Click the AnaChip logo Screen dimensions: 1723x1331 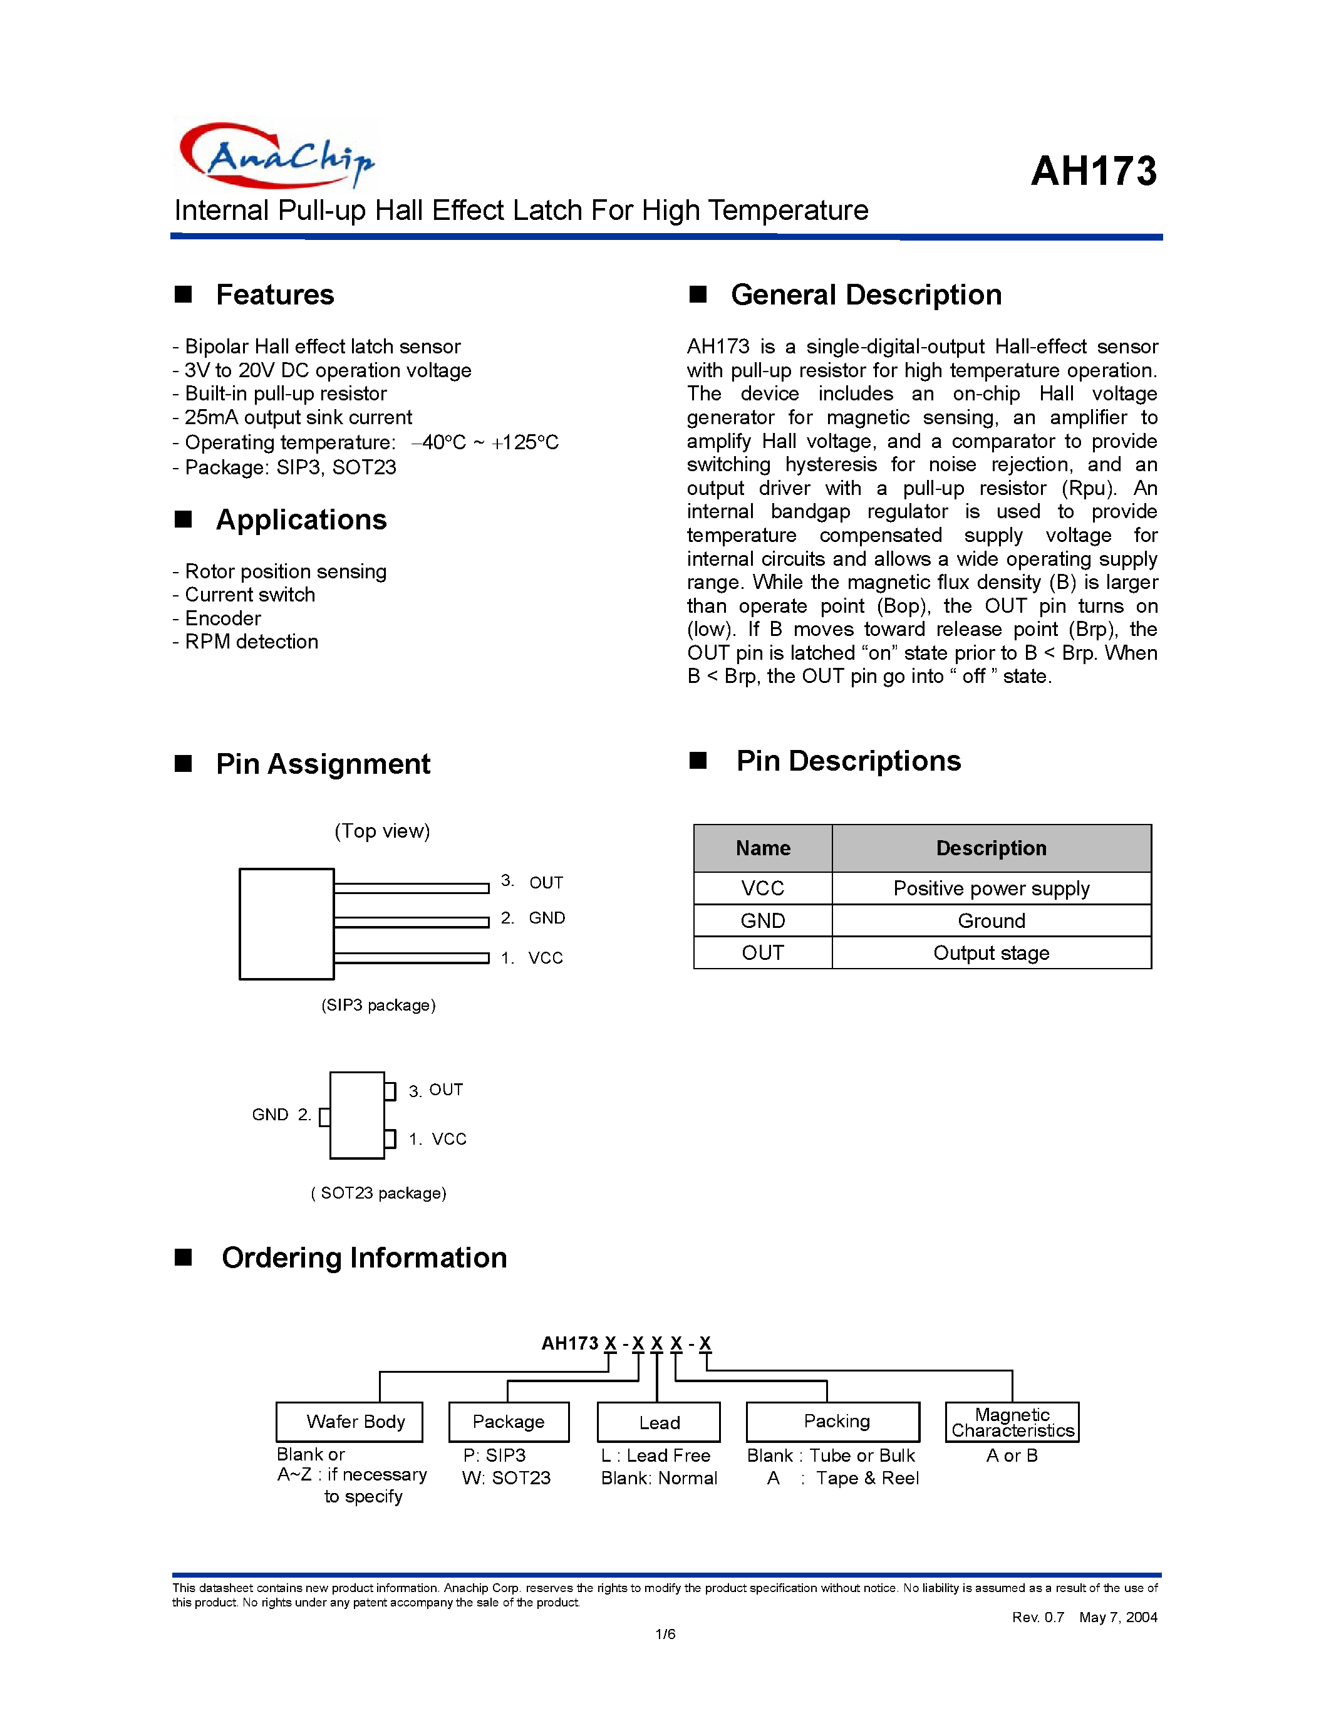[x=276, y=156]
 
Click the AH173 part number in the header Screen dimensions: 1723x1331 [x=1093, y=171]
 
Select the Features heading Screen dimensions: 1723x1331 [x=274, y=295]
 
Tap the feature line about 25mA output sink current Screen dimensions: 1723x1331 [x=293, y=417]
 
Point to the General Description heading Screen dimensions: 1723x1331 [x=865, y=295]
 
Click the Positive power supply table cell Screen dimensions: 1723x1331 [x=990, y=888]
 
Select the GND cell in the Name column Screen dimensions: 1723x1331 [x=762, y=920]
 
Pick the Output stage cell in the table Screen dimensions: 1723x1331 [x=990, y=953]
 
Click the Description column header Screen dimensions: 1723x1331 [x=990, y=848]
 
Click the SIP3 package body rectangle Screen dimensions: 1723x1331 [x=286, y=924]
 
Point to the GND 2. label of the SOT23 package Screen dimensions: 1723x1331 [x=281, y=1115]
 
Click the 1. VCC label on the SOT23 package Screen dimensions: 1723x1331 [x=438, y=1139]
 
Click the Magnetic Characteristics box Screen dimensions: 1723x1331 [x=1012, y=1422]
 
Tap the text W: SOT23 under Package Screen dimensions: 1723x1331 [x=506, y=1479]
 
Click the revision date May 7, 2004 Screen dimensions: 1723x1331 [x=1117, y=1617]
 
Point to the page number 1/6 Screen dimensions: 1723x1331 [x=665, y=1634]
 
